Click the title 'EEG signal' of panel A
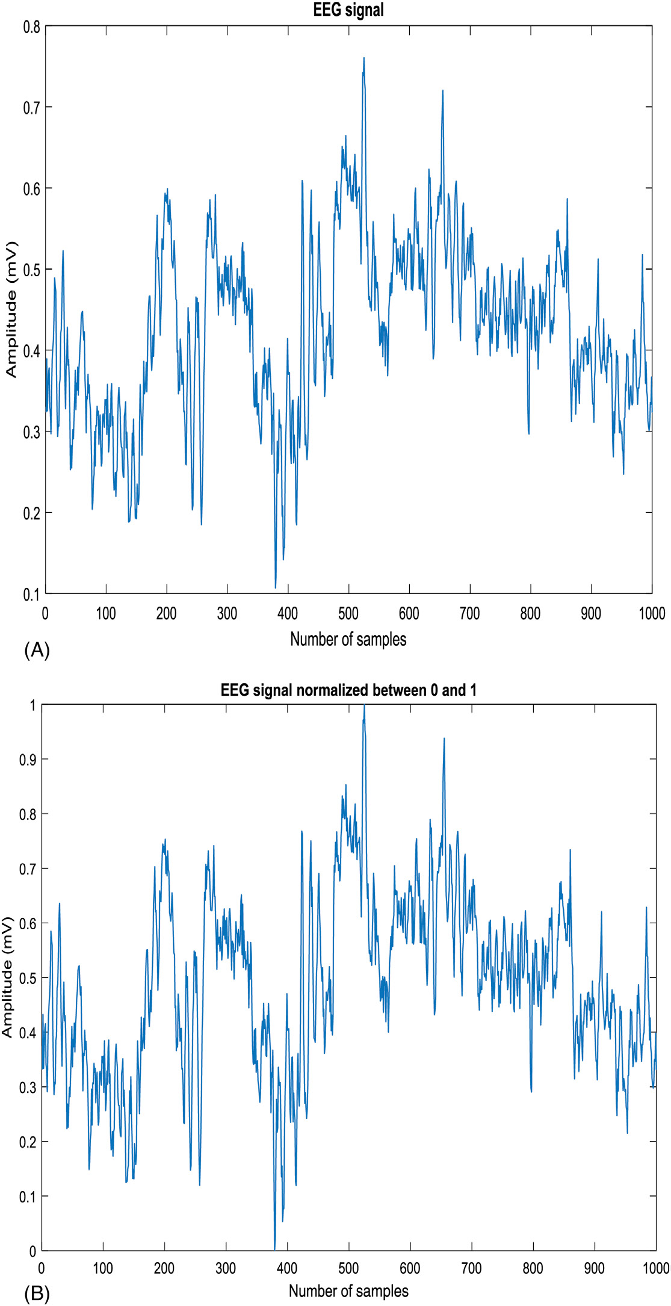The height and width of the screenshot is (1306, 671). click(348, 10)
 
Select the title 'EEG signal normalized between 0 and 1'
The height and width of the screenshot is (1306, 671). click(348, 690)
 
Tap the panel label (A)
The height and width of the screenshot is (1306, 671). click(37, 650)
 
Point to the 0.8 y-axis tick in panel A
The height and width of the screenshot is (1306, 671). click(31, 26)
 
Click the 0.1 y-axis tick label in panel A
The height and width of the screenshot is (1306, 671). click(31, 594)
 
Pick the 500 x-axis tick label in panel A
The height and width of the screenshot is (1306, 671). click(348, 613)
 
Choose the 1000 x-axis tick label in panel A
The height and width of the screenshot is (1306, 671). click(651, 613)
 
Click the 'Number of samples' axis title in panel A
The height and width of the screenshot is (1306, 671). click(348, 639)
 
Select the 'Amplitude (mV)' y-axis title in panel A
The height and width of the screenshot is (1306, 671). click(11, 310)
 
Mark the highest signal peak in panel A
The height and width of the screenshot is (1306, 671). click(364, 58)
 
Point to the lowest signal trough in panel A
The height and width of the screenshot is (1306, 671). click(276, 587)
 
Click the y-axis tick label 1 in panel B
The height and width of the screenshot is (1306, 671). click(32, 705)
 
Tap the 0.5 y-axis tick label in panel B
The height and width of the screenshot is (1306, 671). click(28, 978)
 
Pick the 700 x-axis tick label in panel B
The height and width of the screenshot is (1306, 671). click(471, 1269)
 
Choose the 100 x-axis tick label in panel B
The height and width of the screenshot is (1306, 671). click(103, 1269)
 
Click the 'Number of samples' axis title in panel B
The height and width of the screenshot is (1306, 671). click(348, 1291)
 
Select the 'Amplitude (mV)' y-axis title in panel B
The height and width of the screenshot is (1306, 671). click(7, 978)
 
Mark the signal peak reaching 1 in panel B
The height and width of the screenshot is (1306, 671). click(364, 706)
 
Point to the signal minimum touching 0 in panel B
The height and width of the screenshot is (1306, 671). click(275, 1249)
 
